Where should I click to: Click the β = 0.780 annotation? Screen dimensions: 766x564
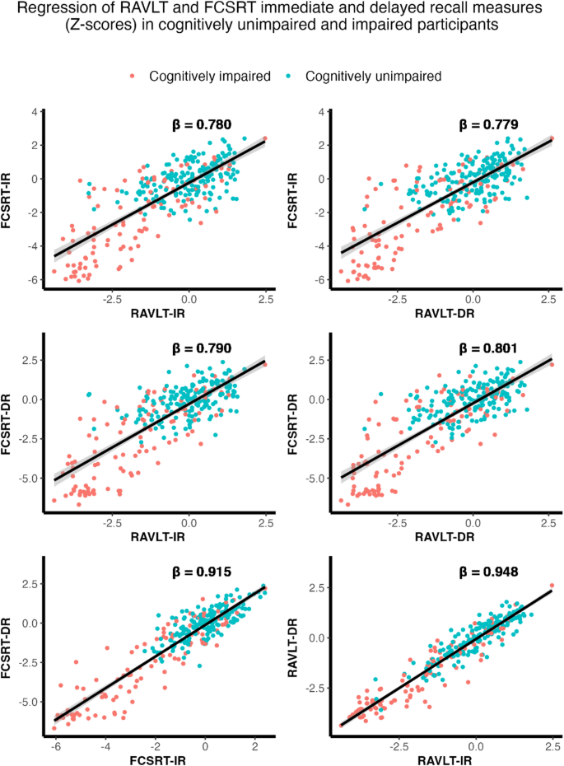196,125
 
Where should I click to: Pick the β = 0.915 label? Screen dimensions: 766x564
196,570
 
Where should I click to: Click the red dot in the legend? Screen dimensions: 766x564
133,76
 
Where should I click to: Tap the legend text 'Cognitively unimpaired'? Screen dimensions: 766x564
373,76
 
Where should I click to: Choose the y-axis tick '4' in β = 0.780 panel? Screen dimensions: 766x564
35,111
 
